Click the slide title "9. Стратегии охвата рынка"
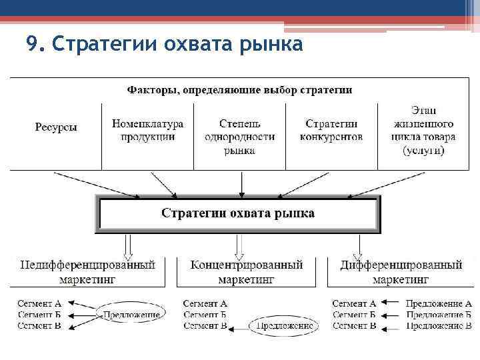pos(164,45)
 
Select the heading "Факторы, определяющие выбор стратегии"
pos(239,89)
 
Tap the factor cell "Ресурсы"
pos(55,127)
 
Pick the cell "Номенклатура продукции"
pos(147,130)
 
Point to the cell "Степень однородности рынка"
pos(239,137)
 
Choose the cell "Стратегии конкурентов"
pos(331,130)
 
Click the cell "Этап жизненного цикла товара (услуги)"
pos(424,130)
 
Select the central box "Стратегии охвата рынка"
pos(238,213)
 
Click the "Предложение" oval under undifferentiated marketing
pos(131,314)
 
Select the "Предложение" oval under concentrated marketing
pos(283,326)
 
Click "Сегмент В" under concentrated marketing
pos(205,326)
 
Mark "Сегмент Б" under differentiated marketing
pos(354,315)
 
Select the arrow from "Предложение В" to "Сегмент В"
pos(391,327)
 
